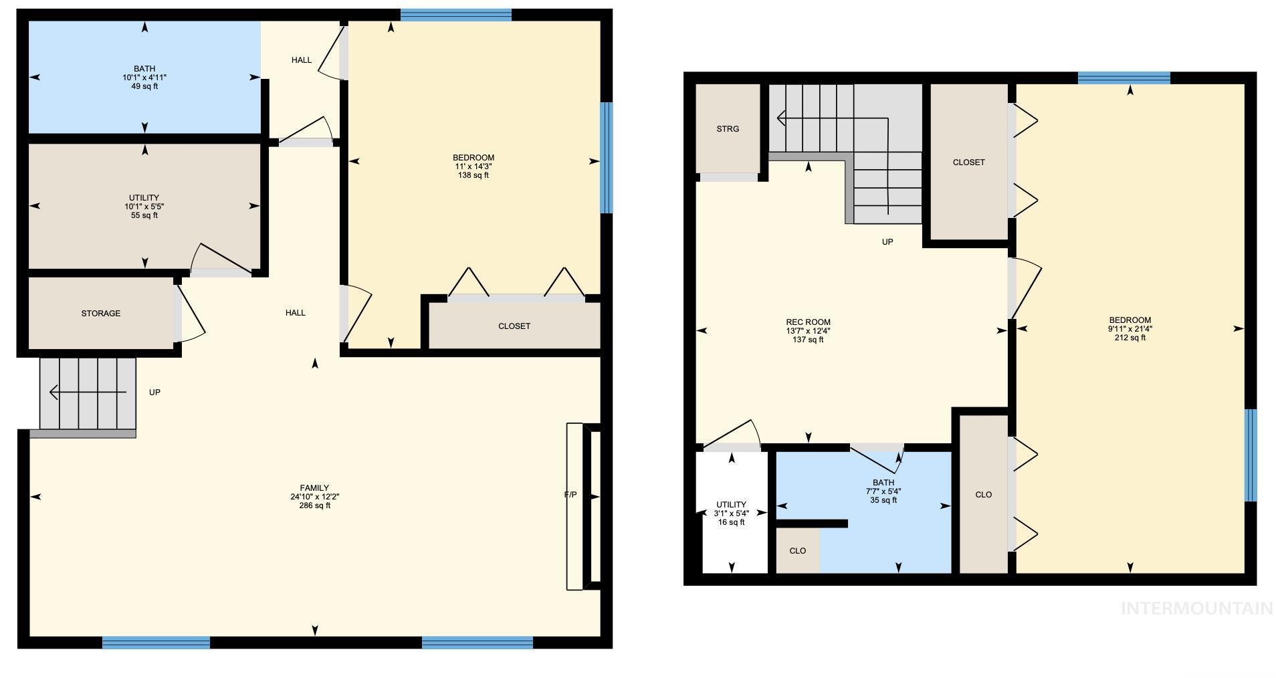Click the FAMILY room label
click(x=314, y=488)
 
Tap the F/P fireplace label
click(x=570, y=495)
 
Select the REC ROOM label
click(x=808, y=322)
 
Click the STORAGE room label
click(x=101, y=313)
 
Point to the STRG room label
click(x=728, y=129)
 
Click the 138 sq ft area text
click(x=473, y=175)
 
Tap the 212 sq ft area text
click(x=1130, y=338)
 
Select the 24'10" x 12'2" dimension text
click(x=314, y=497)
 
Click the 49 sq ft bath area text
click(x=144, y=86)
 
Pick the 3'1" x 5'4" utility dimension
click(x=731, y=514)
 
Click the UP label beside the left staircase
click(x=154, y=392)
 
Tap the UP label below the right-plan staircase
click(x=887, y=242)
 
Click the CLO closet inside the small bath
click(x=798, y=551)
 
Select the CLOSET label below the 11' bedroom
click(x=514, y=326)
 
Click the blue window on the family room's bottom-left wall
click(x=156, y=643)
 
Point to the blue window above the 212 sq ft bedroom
click(x=1124, y=78)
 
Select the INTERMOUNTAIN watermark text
click(x=1196, y=608)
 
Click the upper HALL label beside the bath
click(x=302, y=60)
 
